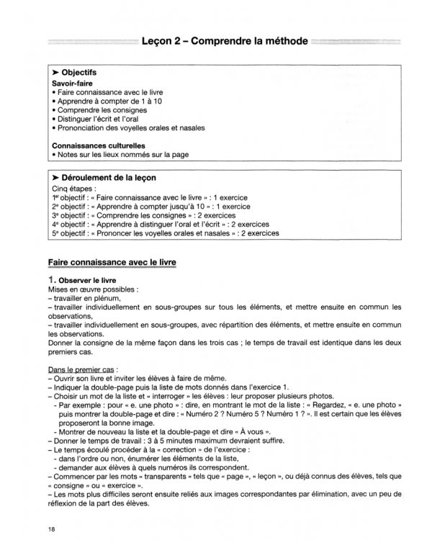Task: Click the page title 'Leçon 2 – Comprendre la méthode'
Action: (225, 42)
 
